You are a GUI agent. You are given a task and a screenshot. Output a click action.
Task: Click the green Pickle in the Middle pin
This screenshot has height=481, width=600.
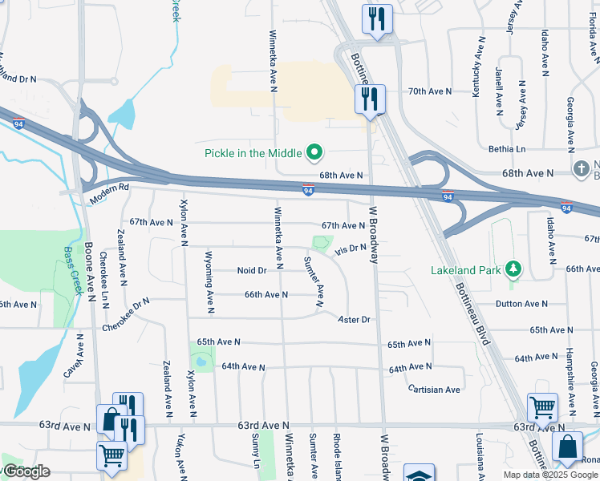pos(314,152)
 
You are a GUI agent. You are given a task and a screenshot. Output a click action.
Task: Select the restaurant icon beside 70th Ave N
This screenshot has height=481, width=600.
pos(370,99)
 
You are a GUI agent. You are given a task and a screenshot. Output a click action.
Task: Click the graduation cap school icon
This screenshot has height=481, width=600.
pos(419,475)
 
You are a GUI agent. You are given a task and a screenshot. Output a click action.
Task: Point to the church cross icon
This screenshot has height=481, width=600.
pos(582,170)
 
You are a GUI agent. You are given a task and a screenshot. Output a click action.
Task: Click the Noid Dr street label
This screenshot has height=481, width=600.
pos(252,271)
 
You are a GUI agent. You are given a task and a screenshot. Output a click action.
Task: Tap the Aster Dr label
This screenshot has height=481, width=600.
pos(355,319)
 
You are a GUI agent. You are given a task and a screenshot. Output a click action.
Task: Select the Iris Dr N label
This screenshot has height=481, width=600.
pos(351,249)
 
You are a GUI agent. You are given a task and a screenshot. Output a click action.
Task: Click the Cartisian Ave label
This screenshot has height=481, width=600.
pos(434,390)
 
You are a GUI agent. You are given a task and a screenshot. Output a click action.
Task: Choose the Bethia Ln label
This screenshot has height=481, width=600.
pos(507,149)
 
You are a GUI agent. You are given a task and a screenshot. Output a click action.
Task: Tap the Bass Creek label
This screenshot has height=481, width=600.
pos(73,269)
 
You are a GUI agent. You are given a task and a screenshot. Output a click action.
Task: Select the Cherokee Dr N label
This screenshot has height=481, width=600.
pos(126,316)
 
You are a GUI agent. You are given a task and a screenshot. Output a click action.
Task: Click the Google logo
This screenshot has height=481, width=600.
pos(26,471)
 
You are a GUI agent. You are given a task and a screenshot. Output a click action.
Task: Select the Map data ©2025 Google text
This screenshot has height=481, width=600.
pos(550,475)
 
